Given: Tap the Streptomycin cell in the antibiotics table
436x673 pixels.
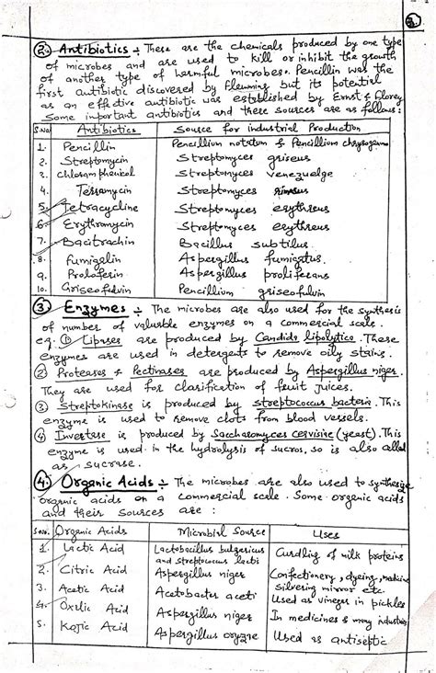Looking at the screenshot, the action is pyautogui.click(x=88, y=160).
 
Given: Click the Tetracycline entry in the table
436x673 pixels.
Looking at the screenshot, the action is pyautogui.click(x=90, y=210).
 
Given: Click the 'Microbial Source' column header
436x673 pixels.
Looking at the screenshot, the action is pyautogui.click(x=210, y=532).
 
